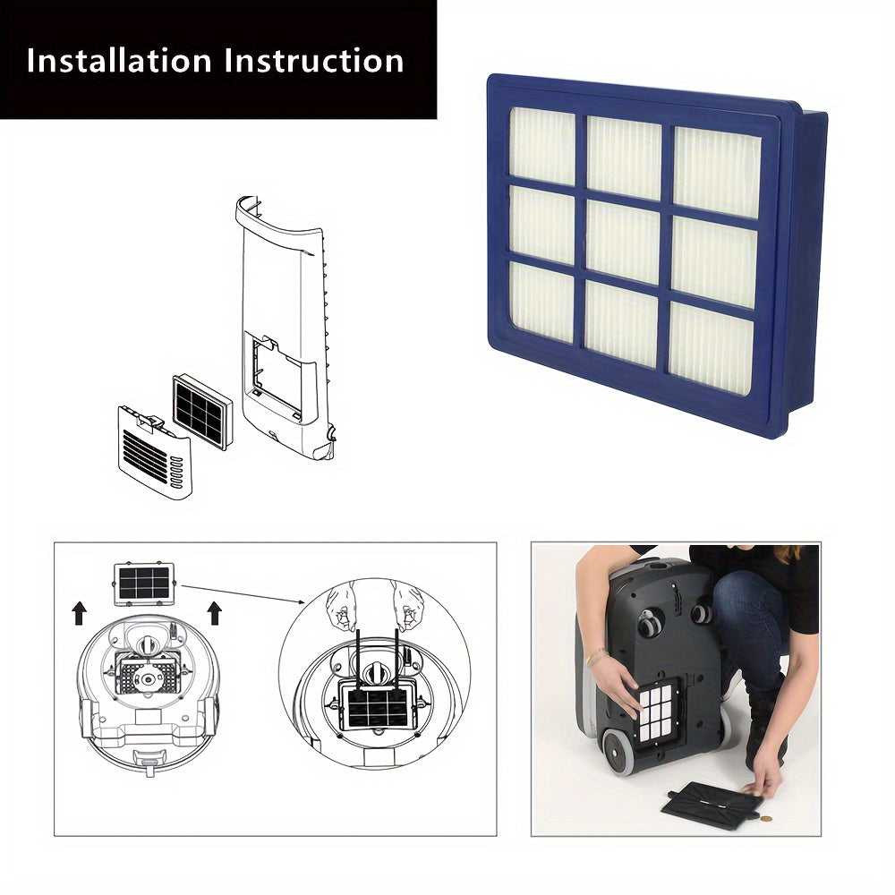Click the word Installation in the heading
(x=119, y=61)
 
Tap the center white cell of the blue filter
(x=624, y=242)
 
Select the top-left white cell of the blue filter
(x=541, y=146)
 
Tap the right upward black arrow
(x=215, y=612)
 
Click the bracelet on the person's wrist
(x=592, y=659)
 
